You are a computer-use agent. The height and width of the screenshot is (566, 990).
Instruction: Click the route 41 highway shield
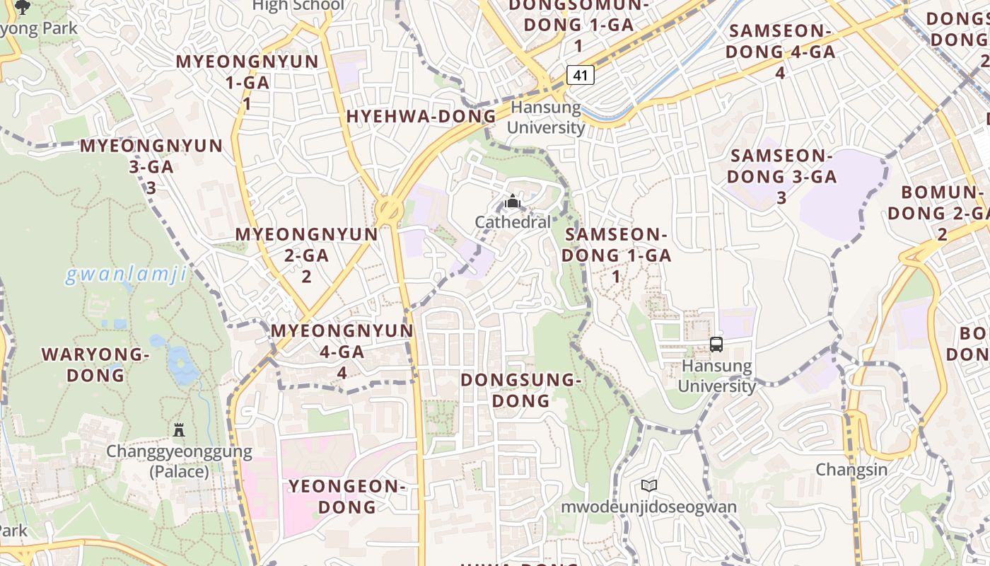[x=579, y=75]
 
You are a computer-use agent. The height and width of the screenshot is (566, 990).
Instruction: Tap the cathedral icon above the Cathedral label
[x=513, y=202]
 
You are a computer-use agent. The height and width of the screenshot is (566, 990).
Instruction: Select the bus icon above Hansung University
[x=716, y=345]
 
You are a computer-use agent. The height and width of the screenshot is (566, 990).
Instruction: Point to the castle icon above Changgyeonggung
[x=179, y=429]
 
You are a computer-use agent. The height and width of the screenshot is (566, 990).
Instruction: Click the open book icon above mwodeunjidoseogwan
[x=648, y=486]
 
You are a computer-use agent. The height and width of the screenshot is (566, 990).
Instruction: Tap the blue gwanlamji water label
[x=126, y=275]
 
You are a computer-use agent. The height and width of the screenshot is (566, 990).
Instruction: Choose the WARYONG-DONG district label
[x=95, y=364]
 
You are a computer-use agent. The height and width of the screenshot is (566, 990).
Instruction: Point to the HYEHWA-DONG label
[x=421, y=117]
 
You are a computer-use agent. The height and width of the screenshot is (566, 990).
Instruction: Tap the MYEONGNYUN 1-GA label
[x=248, y=82]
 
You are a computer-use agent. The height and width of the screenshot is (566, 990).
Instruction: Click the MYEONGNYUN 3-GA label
[x=151, y=166]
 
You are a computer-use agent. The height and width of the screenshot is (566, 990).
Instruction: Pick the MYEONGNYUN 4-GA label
[x=342, y=351]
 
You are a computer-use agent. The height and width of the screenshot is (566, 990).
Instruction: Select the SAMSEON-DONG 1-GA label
[x=616, y=255]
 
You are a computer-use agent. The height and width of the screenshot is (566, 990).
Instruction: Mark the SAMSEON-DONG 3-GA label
[x=781, y=176]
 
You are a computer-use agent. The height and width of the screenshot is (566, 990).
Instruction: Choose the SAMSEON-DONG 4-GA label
[x=781, y=51]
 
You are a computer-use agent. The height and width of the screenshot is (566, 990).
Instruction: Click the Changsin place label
[x=851, y=470]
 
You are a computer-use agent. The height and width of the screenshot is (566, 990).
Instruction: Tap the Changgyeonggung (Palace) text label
[x=179, y=461]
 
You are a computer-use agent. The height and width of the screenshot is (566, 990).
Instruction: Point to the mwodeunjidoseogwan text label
[x=648, y=507]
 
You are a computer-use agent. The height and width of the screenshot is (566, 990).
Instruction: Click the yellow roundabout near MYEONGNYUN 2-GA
[x=388, y=209]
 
